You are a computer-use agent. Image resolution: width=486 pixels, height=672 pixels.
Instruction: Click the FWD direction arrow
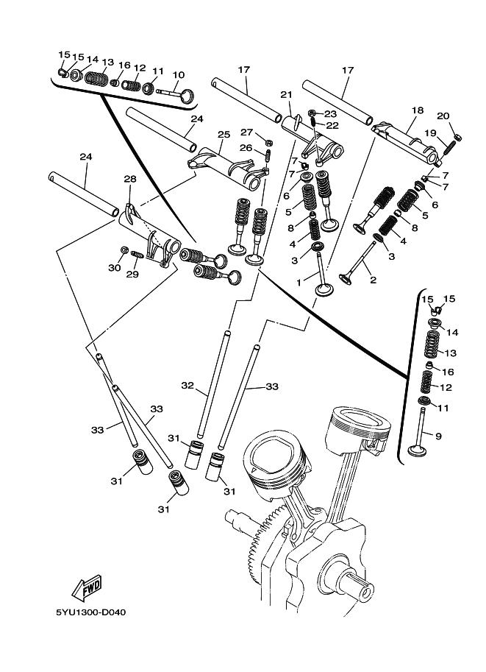87,587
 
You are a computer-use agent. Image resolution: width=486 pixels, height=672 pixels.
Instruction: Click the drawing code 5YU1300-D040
91,612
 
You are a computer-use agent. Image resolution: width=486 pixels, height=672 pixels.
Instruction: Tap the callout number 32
187,386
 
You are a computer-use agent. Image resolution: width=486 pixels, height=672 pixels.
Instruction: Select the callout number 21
286,95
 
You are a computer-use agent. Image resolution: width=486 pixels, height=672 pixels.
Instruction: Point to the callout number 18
418,110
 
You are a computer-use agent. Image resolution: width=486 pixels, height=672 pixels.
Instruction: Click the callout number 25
224,135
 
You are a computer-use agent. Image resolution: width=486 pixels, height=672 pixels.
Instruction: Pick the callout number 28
129,178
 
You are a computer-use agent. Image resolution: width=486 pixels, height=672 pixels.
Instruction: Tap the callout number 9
438,436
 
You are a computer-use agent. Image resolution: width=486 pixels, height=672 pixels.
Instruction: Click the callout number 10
179,75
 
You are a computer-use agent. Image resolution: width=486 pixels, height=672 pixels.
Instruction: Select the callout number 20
443,116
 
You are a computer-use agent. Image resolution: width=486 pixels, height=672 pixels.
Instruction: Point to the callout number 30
114,268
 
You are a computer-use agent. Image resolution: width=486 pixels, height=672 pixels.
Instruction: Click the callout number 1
299,283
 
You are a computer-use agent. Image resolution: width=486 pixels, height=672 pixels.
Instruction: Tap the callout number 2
374,280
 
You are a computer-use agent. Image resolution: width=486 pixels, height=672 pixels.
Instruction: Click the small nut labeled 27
269,141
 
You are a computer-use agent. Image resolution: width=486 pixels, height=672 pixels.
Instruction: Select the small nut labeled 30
124,250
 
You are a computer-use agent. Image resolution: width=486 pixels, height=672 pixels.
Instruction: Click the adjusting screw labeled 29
136,255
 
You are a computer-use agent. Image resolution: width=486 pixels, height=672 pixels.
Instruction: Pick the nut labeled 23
312,113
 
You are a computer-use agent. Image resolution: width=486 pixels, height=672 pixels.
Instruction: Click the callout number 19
430,133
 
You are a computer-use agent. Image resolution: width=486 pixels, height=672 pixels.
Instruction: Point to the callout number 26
246,148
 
